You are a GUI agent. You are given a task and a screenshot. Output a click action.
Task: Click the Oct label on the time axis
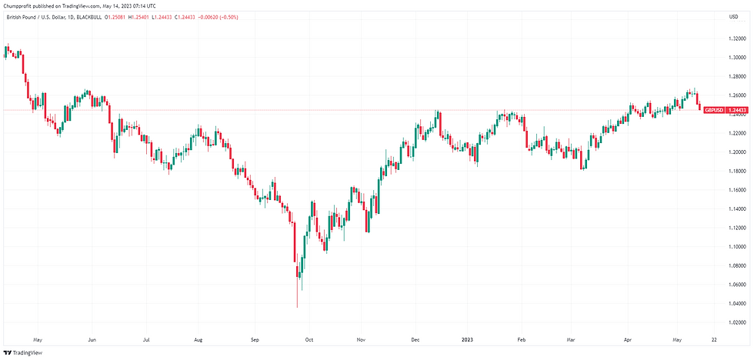tap(309, 338)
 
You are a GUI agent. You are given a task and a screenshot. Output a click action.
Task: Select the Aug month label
tap(198, 338)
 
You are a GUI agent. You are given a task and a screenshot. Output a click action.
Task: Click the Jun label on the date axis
tap(92, 338)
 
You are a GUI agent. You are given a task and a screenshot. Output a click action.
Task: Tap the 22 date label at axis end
tap(715, 338)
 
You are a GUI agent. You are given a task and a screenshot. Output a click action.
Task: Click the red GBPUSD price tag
tap(726, 110)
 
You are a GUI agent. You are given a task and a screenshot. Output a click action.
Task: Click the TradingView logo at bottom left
tap(22, 352)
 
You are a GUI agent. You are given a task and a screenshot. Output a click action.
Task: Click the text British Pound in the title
tap(22, 16)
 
